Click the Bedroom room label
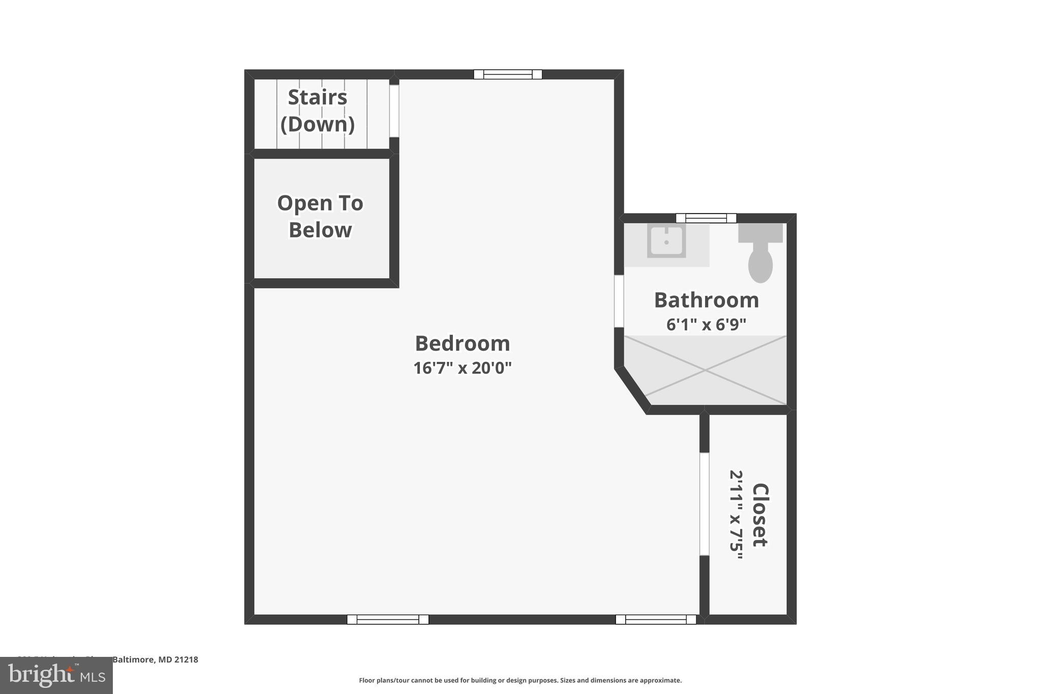[462, 344]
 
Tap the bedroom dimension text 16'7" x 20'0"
[462, 368]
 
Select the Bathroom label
[706, 300]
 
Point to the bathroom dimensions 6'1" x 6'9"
[706, 324]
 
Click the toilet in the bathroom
[760, 257]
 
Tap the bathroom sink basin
[666, 240]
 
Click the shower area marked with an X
[705, 371]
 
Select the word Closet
[760, 515]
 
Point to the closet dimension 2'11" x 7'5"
[737, 515]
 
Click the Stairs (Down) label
[318, 111]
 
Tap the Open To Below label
[320, 217]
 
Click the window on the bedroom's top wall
[507, 75]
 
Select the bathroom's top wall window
[706, 218]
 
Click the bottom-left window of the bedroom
[388, 619]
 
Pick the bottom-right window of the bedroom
[656, 619]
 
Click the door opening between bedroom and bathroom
[619, 301]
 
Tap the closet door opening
[704, 503]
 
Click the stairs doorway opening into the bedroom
[394, 111]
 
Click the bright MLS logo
[56, 676]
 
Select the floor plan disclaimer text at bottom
[520, 680]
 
